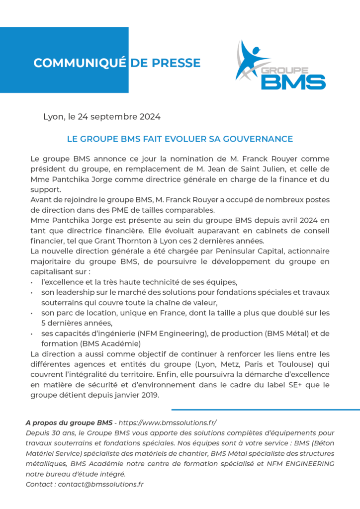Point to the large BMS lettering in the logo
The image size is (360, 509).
click(x=293, y=81)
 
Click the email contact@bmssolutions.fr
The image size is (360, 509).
click(x=101, y=484)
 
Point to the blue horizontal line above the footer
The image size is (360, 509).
click(x=266, y=410)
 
